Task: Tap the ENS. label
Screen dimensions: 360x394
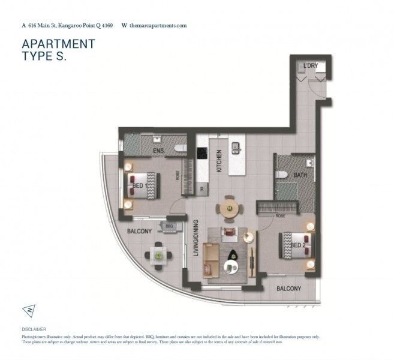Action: tap(159, 149)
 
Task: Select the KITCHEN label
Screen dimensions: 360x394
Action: tap(219, 161)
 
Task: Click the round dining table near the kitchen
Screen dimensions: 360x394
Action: tap(228, 208)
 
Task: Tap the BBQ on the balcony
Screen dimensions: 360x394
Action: tap(168, 226)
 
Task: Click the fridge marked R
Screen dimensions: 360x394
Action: tap(202, 188)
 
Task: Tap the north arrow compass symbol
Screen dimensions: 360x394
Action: tap(29, 310)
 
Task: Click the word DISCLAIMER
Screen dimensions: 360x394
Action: tap(33, 329)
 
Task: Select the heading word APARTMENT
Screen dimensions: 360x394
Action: tap(58, 44)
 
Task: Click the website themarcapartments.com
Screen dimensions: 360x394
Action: tap(158, 26)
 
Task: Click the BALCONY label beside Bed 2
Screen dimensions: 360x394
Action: tap(288, 289)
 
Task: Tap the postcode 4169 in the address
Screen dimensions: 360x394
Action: tap(106, 26)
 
